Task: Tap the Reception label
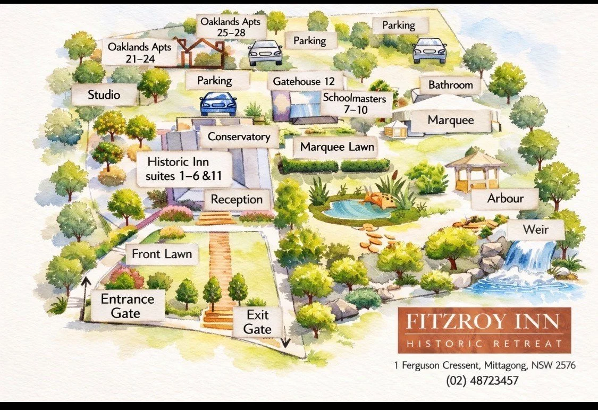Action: coord(237,200)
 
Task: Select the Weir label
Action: coord(535,230)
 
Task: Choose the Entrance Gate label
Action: coord(128,305)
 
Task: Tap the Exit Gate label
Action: coord(257,322)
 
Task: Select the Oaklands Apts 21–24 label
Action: coord(139,52)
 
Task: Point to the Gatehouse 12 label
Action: coord(304,82)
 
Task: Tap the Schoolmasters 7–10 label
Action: coord(357,104)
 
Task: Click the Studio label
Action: coord(104,96)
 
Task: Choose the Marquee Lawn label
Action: coord(337,147)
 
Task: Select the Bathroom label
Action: coord(451,84)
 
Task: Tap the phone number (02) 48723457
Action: coord(482,380)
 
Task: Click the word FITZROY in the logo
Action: coord(448,322)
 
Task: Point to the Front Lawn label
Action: coord(162,254)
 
